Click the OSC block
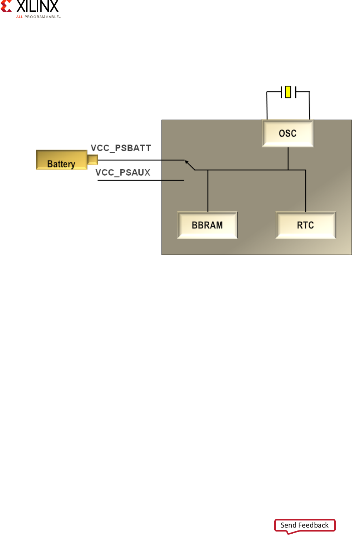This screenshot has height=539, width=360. pos(288,134)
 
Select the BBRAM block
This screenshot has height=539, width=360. pos(207,225)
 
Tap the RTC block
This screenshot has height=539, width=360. pos(305,225)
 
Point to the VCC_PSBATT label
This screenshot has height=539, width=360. pos(121,148)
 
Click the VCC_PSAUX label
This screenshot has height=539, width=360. pos(123,172)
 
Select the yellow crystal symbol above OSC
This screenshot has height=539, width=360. pos(288,92)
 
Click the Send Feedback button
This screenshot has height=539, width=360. pos(305,525)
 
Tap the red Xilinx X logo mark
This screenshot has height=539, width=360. pos(6,6)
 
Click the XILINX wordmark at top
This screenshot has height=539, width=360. pos(37,6)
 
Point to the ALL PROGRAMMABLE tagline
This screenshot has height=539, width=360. pos(38,17)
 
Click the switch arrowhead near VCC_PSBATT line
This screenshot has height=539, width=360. pos(187,163)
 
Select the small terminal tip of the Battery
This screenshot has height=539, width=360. pos(92,160)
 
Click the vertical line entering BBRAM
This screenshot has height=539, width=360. pos(208,191)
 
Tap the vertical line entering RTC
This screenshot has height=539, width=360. pos(306,191)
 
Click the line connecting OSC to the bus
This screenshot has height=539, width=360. pos(288,158)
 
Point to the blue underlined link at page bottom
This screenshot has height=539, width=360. pos(180,534)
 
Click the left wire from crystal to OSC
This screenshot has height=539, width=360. pos(267,105)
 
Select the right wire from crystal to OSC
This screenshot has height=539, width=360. pos(309,105)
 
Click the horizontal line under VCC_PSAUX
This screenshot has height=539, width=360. pos(141,180)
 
